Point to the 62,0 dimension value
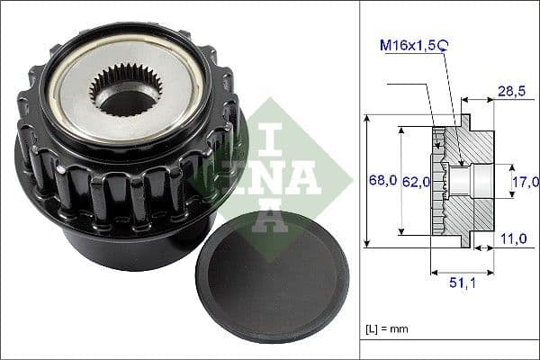click(415, 181)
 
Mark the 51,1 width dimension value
click(463, 283)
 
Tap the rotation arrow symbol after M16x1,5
click(444, 42)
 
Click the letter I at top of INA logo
click(271, 127)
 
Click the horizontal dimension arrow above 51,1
click(463, 270)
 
